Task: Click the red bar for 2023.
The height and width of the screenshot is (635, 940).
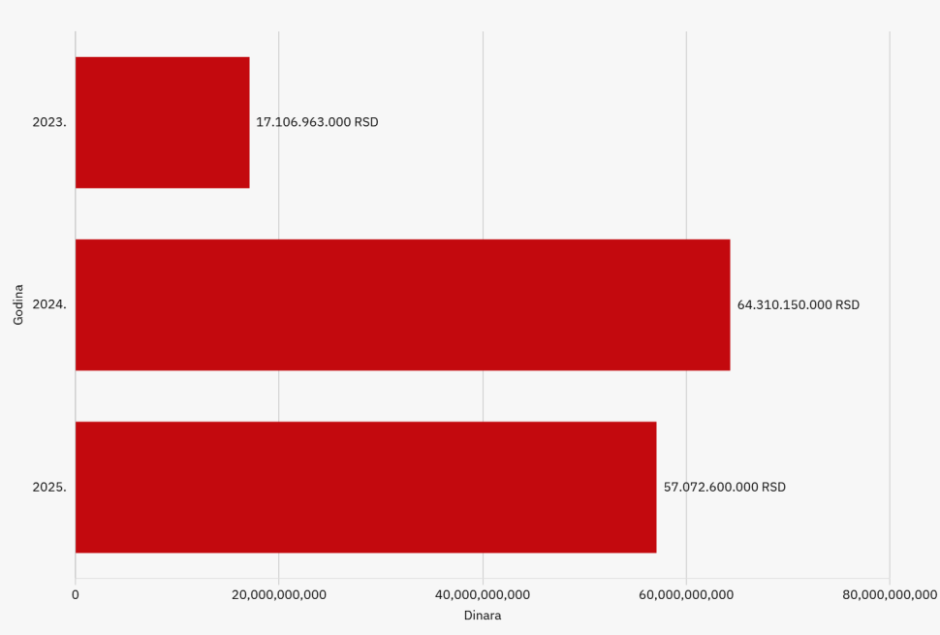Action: point(162,122)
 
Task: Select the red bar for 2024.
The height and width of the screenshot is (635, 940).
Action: point(402,304)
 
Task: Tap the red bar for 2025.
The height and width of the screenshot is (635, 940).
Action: point(365,487)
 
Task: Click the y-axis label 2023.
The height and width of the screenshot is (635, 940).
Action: point(49,122)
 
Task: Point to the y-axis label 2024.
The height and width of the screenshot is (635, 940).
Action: point(49,304)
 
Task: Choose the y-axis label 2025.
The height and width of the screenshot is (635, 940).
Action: point(49,487)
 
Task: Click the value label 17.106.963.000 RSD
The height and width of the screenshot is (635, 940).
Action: point(317,122)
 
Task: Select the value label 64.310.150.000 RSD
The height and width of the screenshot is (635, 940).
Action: point(798,304)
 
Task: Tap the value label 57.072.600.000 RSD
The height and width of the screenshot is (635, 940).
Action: point(724,487)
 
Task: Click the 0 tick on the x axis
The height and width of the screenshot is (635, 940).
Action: point(76,594)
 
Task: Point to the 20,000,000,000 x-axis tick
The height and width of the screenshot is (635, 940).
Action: point(279,594)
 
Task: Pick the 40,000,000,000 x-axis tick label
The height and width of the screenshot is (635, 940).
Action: point(483,594)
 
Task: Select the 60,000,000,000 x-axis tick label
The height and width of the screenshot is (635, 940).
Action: point(686,594)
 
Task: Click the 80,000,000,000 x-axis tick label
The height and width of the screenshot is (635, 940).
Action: point(889,594)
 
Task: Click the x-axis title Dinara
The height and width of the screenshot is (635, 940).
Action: point(483,616)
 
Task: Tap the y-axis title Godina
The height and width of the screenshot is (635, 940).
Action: point(18,304)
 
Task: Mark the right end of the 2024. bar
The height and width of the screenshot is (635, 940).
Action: point(730,304)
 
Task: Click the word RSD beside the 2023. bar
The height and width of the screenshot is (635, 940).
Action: point(366,122)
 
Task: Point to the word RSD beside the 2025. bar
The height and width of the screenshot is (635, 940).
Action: point(773,487)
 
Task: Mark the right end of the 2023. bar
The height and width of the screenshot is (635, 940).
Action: point(249,122)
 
